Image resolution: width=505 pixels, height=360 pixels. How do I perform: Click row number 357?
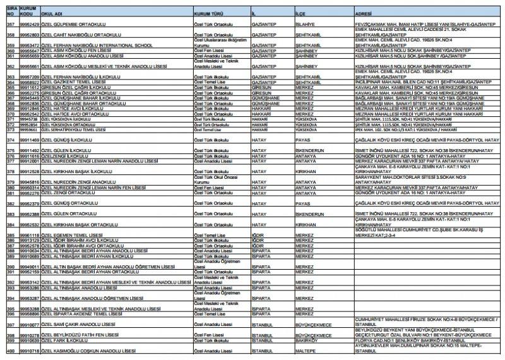[9, 24]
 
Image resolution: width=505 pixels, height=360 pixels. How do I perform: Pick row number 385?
[9, 235]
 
